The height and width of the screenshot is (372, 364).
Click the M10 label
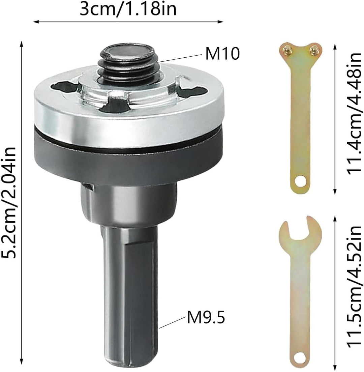point(222,54)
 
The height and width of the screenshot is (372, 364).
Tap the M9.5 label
point(206,317)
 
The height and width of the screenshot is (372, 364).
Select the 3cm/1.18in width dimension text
point(128,9)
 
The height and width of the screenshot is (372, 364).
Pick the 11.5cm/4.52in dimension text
point(355,287)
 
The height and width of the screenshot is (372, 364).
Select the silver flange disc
point(129,114)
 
